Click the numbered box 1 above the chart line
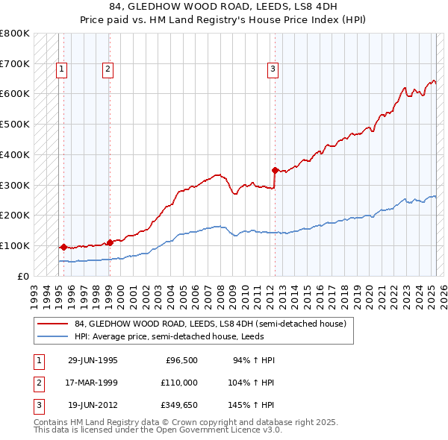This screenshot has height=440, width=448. point(60,69)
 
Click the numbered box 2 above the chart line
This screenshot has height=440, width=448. point(108,69)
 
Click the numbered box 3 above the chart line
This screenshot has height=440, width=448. point(273,69)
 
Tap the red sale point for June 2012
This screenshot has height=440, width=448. point(275,169)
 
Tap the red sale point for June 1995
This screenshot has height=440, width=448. point(63,246)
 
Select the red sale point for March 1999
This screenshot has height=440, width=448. point(110,242)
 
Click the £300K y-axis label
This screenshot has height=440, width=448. point(15,185)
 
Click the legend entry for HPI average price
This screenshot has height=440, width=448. point(173,337)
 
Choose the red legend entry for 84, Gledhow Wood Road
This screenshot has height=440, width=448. point(210,324)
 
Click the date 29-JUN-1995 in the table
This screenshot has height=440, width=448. point(93,360)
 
